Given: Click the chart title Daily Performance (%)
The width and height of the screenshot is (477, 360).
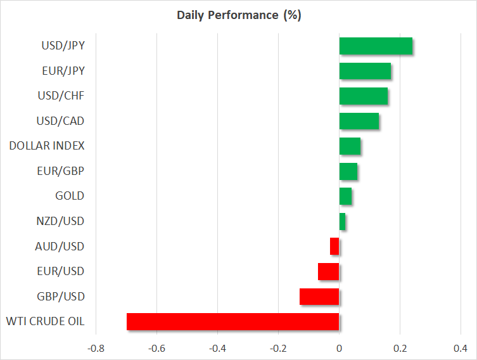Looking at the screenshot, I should click(239, 15).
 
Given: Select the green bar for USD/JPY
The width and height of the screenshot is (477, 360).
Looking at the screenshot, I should click(376, 46).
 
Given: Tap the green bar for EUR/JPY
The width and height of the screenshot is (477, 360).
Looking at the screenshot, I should click(365, 71).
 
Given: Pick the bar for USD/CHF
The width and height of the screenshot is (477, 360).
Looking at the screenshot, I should click(364, 96).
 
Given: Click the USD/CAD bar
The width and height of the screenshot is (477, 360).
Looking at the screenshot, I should click(359, 121).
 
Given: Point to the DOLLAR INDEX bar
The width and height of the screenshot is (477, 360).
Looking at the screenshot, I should click(350, 146).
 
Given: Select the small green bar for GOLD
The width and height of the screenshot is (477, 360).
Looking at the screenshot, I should click(345, 196).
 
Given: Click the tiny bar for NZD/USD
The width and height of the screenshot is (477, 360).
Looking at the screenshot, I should click(342, 221).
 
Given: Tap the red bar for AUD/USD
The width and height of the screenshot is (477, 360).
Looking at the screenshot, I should click(334, 247).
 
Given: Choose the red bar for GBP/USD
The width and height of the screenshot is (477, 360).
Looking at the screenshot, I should click(319, 297).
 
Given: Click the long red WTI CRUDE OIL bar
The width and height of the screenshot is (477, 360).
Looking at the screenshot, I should click(232, 321).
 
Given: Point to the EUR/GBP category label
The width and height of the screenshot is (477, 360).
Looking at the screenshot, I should click(61, 171).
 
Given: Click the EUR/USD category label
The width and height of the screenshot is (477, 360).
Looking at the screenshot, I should click(61, 271).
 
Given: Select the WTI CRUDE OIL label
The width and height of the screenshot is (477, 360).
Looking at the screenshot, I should click(46, 321).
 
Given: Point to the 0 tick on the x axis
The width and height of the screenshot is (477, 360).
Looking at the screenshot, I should click(340, 349).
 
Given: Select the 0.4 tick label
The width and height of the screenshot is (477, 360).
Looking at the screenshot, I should click(460, 349).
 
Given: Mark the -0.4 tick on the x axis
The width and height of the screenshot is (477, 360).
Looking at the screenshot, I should click(217, 349).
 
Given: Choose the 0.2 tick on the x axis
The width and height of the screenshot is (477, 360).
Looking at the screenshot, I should click(400, 349).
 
